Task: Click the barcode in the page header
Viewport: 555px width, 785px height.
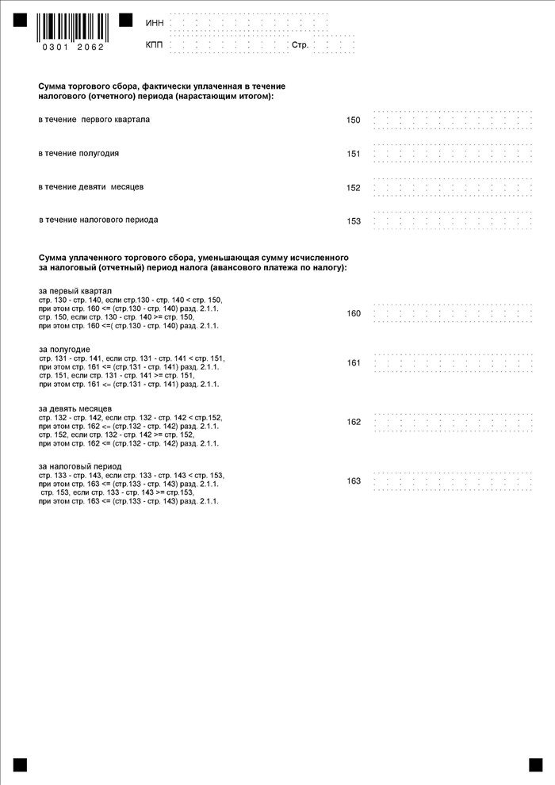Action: pos(71,27)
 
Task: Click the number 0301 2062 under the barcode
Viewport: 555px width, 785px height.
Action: pos(71,47)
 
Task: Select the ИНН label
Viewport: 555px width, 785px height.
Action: pos(155,22)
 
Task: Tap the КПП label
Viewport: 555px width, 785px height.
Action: pos(155,45)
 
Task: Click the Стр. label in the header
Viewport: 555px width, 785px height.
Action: pos(300,45)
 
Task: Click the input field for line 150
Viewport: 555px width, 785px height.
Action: pos(452,121)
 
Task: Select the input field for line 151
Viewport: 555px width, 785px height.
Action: pos(452,154)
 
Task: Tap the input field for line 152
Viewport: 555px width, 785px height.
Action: pos(452,188)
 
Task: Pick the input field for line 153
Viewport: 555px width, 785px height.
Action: pos(452,221)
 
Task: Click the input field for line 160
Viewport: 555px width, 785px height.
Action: pos(452,313)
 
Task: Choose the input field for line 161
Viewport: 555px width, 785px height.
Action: pos(452,363)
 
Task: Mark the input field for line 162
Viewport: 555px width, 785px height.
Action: pos(452,422)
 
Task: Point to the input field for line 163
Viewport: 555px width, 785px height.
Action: pos(452,481)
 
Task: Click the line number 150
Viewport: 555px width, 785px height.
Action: pos(354,121)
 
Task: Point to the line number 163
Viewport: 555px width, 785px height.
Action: pos(354,481)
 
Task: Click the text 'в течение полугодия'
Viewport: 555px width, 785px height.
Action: pos(78,153)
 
